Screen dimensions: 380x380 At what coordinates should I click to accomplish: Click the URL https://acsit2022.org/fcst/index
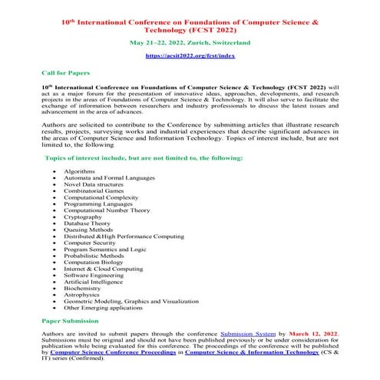[x=190, y=57]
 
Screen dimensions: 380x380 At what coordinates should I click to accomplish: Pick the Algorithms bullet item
[x=80, y=170]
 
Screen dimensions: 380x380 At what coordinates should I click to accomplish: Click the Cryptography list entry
[x=85, y=217]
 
